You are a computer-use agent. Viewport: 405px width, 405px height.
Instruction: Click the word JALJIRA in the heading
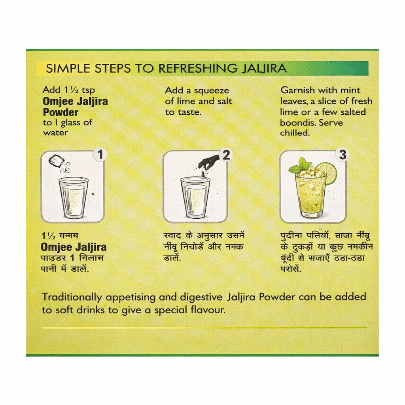(x=264, y=68)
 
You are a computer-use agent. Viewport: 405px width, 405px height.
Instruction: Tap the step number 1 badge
(x=100, y=155)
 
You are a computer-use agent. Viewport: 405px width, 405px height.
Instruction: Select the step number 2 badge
(x=226, y=155)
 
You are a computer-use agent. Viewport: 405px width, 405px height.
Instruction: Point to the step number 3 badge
(x=343, y=155)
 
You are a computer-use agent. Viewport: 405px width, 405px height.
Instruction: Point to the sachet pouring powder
(x=55, y=162)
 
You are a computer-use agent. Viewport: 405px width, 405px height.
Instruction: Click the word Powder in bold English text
(x=61, y=112)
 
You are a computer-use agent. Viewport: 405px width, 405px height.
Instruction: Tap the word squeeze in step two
(x=211, y=91)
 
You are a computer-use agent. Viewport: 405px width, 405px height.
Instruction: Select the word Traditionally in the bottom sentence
(x=72, y=297)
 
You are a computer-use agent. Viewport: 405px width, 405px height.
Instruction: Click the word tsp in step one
(x=88, y=91)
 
